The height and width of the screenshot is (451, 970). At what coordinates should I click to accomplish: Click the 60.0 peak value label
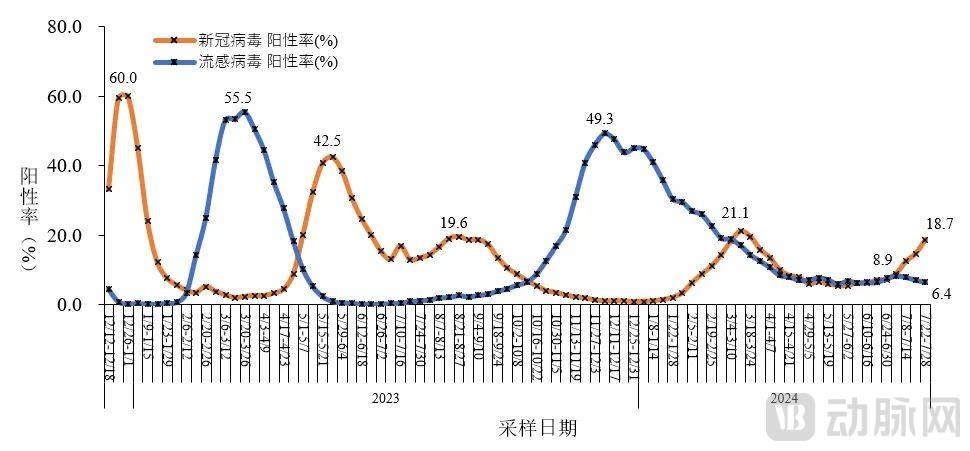123,78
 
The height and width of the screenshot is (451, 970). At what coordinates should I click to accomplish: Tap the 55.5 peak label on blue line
238,97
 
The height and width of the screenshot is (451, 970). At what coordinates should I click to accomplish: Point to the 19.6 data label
454,222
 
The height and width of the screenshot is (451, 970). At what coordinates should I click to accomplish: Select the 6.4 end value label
941,293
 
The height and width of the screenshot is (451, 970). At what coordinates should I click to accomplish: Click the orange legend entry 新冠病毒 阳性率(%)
266,41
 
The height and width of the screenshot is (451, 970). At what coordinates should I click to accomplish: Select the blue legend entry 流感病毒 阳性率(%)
266,62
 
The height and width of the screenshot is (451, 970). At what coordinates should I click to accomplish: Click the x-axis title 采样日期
537,428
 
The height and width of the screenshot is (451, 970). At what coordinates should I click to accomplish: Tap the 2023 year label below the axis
386,398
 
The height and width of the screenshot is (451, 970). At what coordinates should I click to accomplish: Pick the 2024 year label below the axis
783,398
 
